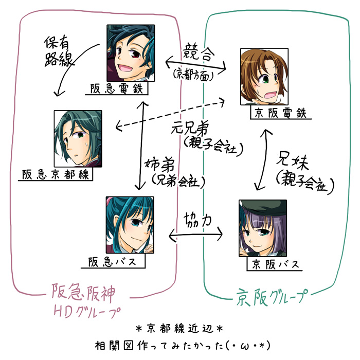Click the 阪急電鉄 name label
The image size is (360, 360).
pos(117,89)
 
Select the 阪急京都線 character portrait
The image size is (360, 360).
pos(78,138)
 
